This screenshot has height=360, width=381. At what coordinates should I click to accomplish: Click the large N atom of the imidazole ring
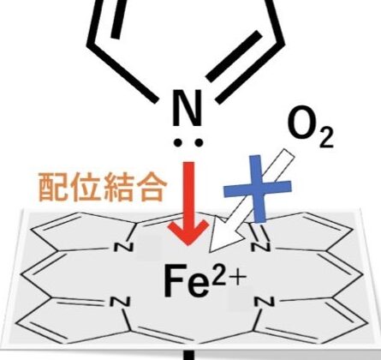click(188, 109)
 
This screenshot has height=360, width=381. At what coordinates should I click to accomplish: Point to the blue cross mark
click(258, 189)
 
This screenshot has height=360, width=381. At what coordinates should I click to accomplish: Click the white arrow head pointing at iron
click(226, 235)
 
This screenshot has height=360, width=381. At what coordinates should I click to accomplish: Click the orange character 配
click(54, 187)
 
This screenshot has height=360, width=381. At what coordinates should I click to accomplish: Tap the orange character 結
click(118, 187)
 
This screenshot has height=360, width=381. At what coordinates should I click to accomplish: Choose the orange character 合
click(151, 187)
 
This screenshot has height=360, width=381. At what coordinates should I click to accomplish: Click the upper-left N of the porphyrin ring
click(123, 247)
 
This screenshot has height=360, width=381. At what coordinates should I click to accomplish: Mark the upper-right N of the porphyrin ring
click(260, 247)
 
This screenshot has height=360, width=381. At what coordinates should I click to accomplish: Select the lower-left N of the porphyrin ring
click(120, 302)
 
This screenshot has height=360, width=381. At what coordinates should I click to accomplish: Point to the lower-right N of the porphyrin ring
click(265, 302)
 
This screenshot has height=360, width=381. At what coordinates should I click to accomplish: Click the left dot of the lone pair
click(179, 142)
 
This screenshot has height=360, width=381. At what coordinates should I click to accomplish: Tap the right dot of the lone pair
click(198, 142)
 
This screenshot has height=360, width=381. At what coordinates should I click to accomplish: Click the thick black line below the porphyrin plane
click(188, 355)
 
